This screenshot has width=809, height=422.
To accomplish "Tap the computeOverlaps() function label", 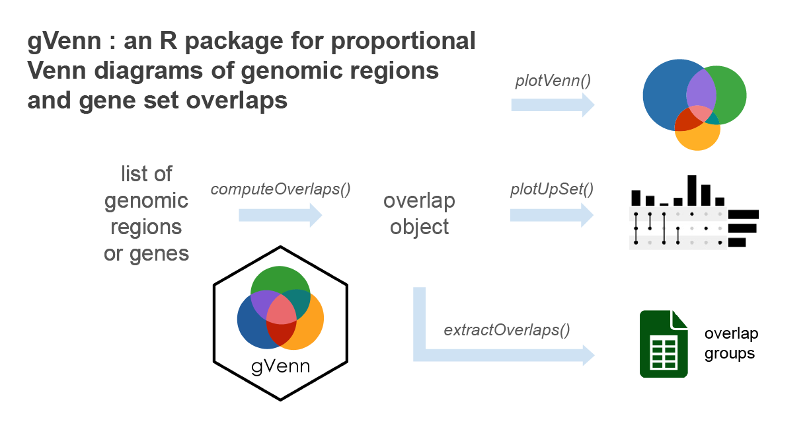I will point(280,189).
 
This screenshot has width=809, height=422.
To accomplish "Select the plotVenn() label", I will point(553,81).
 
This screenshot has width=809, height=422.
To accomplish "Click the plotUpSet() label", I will point(552,190).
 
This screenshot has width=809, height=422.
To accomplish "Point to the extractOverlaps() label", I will point(507,329).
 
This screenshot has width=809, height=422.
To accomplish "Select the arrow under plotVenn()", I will point(553,105).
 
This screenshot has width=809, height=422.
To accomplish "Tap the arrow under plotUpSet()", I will point(552,215).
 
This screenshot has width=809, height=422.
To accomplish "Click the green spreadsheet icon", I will point(664,344).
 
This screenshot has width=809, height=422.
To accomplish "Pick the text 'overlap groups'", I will point(730,343).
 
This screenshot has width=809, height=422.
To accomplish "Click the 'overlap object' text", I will point(419,214).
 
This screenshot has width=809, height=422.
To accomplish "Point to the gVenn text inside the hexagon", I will point(280,366).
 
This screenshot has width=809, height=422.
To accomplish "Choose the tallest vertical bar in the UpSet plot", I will point(692,190).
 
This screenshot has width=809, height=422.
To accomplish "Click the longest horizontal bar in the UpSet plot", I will point(744,214).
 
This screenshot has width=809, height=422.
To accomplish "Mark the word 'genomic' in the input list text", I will point(146,200).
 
